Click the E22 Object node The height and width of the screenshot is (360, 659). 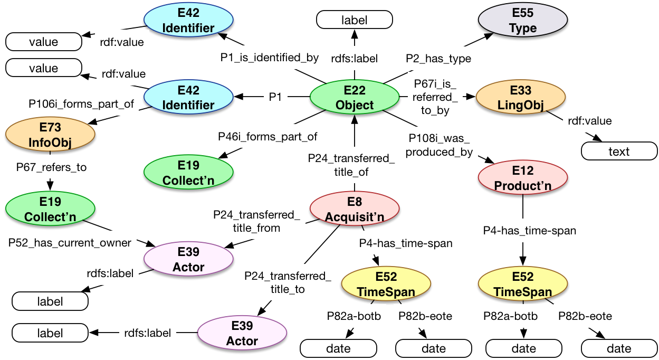[354, 97]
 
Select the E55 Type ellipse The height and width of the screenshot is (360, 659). [523, 21]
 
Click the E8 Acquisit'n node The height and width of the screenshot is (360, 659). [354, 209]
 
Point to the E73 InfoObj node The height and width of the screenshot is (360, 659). [50, 135]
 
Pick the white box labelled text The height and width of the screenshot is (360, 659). [619, 151]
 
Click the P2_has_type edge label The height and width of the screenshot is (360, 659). [438, 58]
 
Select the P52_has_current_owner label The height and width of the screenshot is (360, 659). [70, 243]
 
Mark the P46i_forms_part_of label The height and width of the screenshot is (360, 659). [268, 137]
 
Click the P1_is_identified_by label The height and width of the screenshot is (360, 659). [270, 58]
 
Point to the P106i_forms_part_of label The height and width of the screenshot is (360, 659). [81, 104]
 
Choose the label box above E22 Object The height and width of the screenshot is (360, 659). [354, 21]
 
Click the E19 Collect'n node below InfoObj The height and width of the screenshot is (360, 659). [50, 209]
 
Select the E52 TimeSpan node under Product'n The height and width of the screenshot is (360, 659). [522, 284]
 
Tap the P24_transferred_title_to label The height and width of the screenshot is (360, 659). [288, 282]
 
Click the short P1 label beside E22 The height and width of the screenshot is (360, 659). [274, 97]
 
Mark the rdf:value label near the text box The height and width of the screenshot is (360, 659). [589, 121]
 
